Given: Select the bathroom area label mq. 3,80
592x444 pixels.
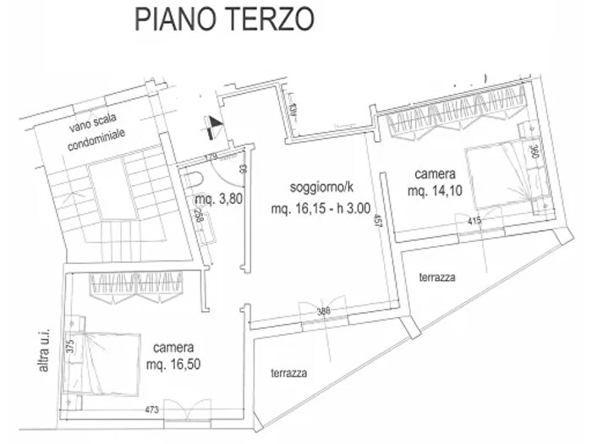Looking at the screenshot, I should point(216,200).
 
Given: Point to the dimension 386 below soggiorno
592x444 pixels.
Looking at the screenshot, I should point(324,312).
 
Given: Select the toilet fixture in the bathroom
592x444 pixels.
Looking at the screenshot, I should point(195,178).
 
